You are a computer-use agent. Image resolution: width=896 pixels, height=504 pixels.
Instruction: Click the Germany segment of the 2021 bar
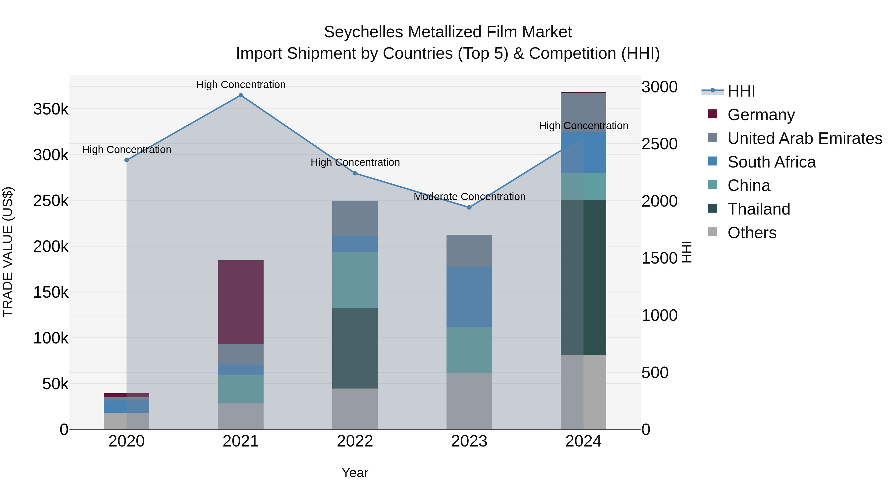[x=241, y=302]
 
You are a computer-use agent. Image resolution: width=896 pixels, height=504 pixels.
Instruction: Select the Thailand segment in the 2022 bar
[x=355, y=348]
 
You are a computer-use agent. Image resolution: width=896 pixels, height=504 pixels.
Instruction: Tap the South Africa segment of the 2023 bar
[x=469, y=297]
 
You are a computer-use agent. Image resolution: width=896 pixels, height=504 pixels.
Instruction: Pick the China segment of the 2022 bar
[x=355, y=280]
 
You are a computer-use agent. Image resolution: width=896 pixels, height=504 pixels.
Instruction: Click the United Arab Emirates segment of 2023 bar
[x=469, y=250]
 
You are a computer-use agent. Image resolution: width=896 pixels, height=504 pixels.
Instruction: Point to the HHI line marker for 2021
[x=241, y=95]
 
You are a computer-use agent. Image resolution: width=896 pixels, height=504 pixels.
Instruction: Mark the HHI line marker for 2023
[x=469, y=207]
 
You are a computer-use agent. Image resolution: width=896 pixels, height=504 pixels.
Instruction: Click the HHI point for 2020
[x=127, y=160]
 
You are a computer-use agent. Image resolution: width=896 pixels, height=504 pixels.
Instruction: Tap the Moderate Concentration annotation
[x=469, y=197]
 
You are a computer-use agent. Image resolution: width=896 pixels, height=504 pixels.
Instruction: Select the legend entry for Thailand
[x=759, y=209]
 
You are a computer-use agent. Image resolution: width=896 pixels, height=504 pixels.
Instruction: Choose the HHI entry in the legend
[x=741, y=91]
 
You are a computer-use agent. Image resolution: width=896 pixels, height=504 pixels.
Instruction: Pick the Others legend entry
[x=752, y=233]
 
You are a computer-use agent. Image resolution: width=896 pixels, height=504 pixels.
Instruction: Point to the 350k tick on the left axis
[x=51, y=109]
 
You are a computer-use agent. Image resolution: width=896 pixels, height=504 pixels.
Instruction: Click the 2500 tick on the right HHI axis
[x=659, y=144]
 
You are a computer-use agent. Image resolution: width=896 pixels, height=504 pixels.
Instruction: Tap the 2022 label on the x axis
[x=355, y=441]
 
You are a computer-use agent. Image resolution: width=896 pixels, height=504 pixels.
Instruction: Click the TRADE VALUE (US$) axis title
[x=8, y=252]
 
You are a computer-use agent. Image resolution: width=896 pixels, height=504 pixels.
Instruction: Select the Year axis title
[x=355, y=473]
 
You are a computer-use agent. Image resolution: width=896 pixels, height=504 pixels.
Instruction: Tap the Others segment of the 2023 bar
[x=469, y=401]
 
